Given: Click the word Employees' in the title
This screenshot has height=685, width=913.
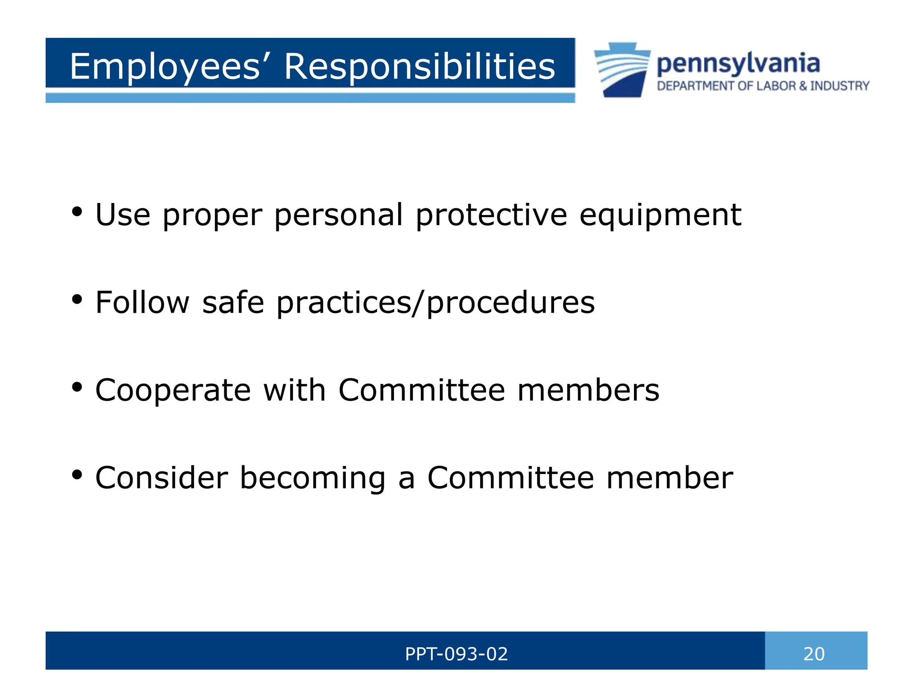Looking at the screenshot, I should (165, 67).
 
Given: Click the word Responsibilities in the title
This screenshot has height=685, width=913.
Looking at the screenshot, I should (419, 67).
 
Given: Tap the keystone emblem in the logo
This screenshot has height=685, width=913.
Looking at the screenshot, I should (622, 70).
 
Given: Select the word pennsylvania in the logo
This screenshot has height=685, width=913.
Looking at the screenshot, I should (738, 64).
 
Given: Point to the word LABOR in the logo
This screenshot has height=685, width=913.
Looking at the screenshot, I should (776, 86).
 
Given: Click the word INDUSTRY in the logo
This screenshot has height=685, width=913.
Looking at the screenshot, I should (840, 86).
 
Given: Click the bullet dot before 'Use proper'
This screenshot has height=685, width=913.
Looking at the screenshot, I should (77, 212).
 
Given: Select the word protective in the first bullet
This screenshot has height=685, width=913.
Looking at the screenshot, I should (491, 215).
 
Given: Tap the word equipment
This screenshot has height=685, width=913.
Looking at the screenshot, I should (660, 215).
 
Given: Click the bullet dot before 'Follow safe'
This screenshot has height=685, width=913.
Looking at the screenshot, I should (77, 300).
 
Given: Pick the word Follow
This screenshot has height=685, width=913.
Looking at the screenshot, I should (143, 302).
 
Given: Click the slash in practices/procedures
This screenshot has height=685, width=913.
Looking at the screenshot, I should (418, 303).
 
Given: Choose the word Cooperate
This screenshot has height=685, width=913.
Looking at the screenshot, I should (173, 390).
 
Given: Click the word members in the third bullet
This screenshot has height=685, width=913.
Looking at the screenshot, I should (588, 390).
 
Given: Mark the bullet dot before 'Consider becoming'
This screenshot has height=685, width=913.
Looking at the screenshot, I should (77, 475).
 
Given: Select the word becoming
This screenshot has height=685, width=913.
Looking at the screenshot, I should (313, 478).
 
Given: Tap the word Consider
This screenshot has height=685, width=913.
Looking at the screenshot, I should (162, 478).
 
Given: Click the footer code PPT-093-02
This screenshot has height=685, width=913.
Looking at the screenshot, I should (456, 654).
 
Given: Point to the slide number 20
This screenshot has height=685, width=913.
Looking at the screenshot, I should (814, 654).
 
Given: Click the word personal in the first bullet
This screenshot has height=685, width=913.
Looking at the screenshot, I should (339, 215).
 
